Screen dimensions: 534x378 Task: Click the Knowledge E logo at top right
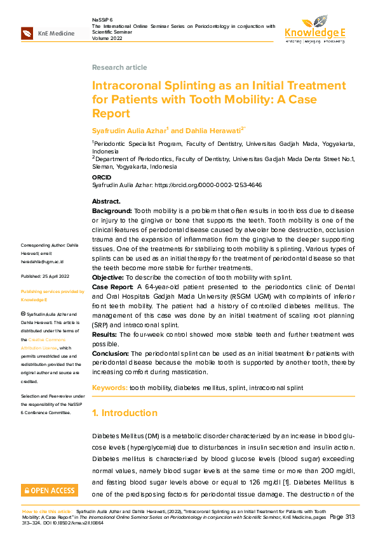click(315, 29)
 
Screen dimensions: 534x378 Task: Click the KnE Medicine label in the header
click(56, 33)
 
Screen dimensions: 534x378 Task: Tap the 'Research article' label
click(119, 67)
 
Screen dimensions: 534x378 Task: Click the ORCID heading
click(102, 177)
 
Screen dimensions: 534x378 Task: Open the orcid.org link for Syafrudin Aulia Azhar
click(217, 185)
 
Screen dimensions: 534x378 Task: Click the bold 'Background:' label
click(112, 210)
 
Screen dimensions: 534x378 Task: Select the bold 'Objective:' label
click(107, 278)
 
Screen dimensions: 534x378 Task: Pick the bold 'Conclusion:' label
click(110, 353)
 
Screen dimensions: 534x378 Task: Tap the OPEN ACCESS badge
click(50, 490)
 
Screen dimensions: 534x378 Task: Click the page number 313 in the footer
click(350, 517)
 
